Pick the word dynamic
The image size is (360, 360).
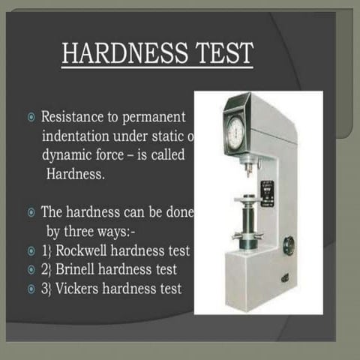67,155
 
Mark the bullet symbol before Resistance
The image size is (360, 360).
30,118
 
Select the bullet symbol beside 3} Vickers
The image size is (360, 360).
30,288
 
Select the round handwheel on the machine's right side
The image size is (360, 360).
289,245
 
